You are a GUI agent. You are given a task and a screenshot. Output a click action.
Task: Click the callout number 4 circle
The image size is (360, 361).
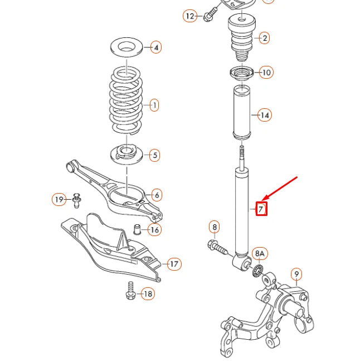[x=156, y=47]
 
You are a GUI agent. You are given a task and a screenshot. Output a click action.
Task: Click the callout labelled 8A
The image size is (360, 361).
[x=260, y=254]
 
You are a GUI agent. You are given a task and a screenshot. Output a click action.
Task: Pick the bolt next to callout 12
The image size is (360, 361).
[x=209, y=16]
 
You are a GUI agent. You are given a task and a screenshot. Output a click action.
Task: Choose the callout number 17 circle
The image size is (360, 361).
[x=174, y=264]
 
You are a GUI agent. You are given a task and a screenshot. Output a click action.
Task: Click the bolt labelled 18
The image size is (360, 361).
[x=130, y=290]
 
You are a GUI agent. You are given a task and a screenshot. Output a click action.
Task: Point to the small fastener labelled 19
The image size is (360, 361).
[x=76, y=199]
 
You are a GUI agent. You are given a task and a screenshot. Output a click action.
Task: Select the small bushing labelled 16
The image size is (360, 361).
[x=137, y=229]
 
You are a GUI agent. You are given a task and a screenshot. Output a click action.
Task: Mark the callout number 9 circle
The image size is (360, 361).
[x=296, y=274]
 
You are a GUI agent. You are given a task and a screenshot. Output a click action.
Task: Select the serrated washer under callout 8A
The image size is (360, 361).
[x=259, y=271]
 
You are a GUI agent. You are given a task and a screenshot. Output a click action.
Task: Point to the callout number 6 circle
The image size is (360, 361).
[x=157, y=195]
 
